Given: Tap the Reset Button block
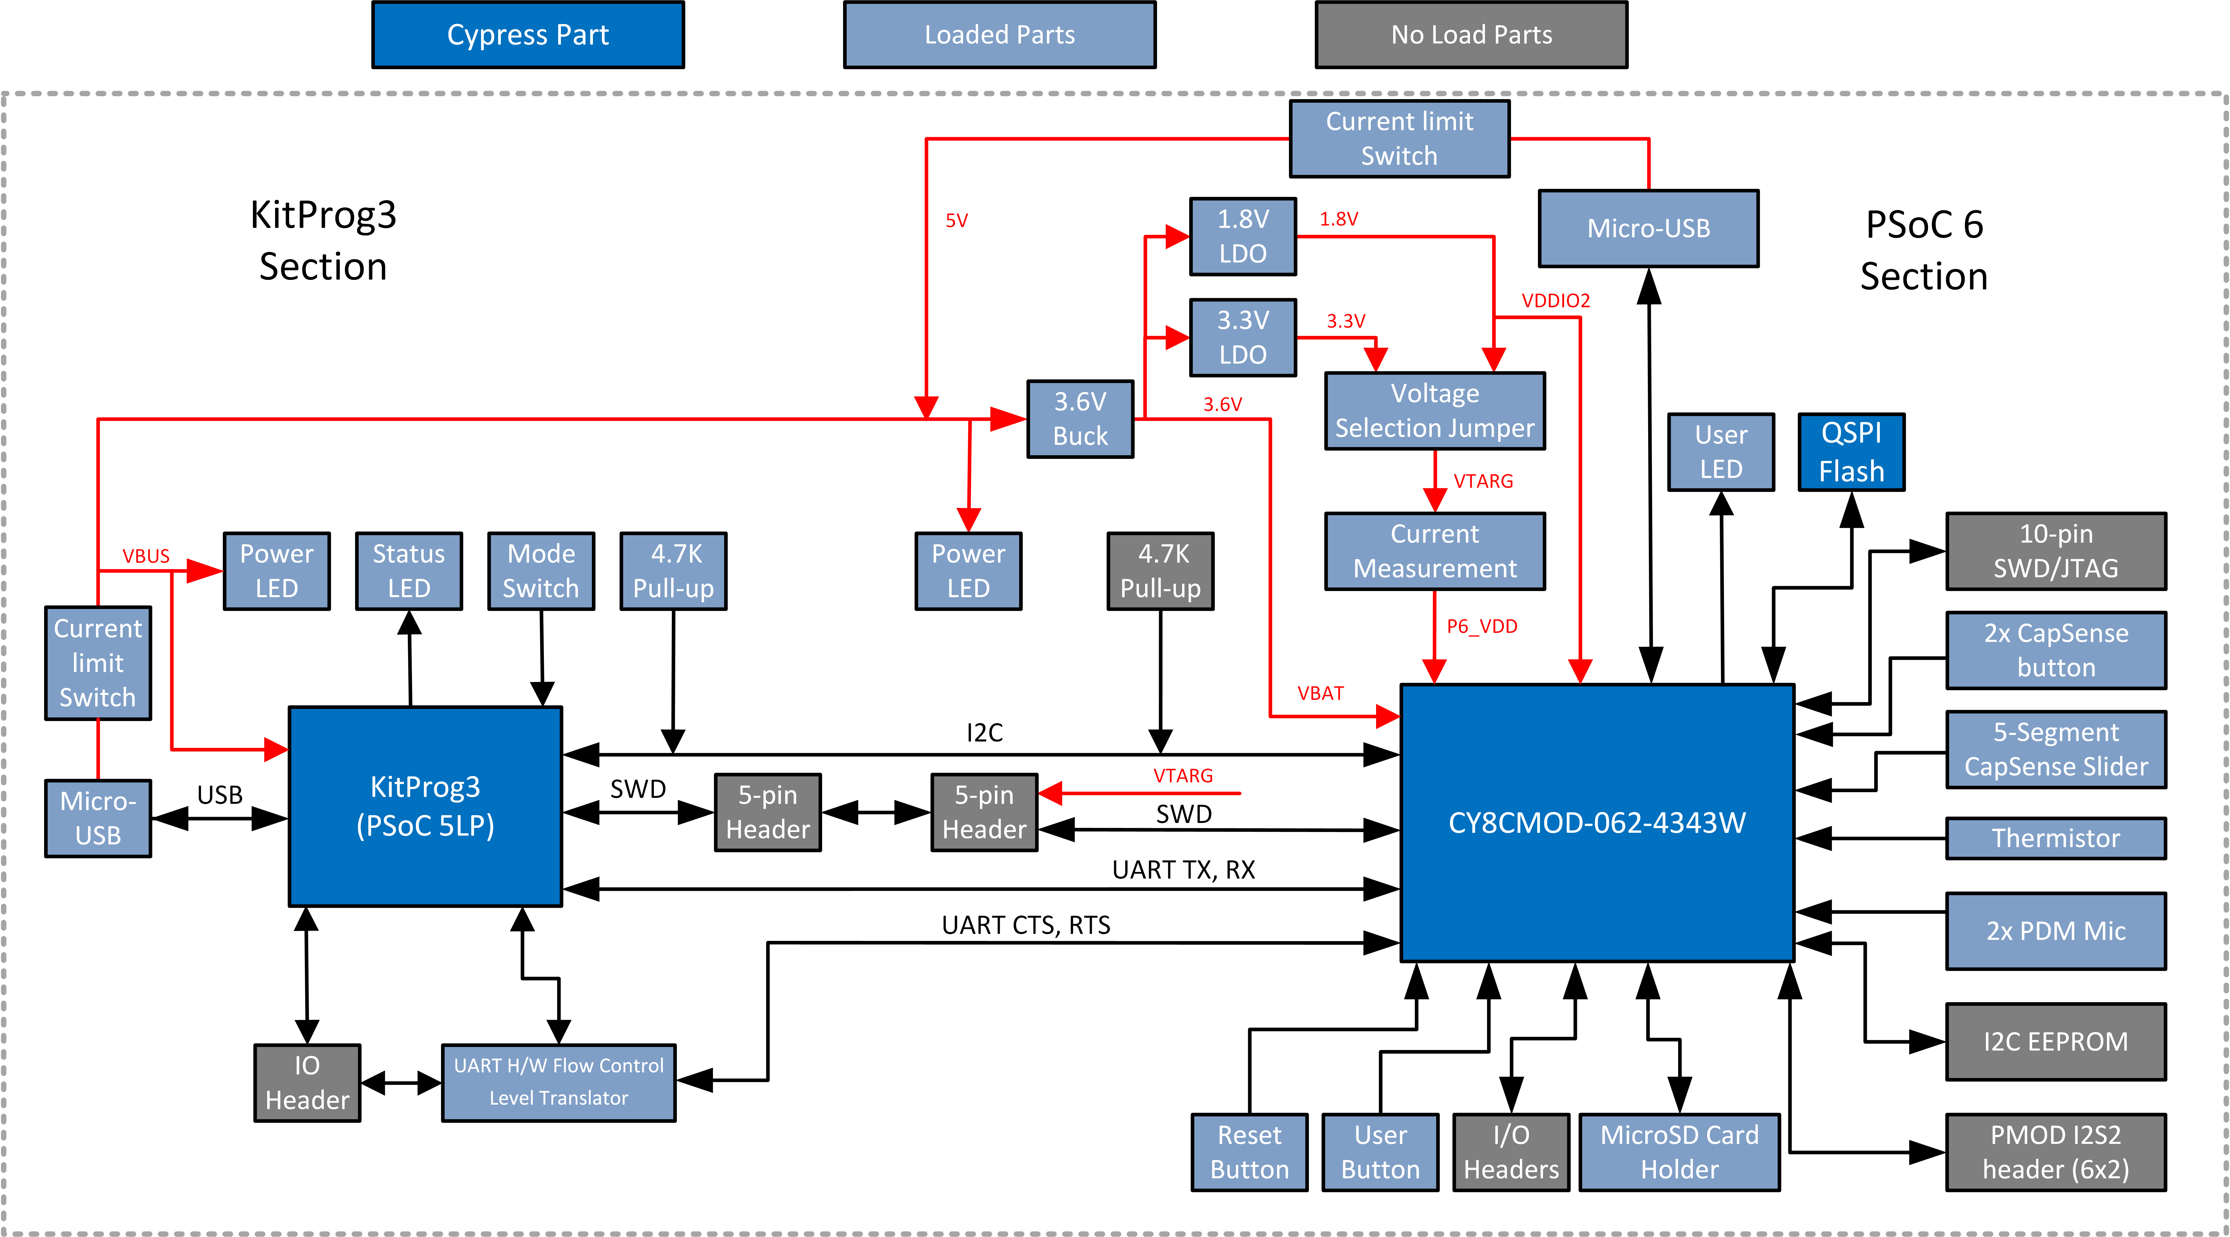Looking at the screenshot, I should coord(1249,1152).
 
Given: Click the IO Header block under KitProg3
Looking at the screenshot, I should coord(307,1083).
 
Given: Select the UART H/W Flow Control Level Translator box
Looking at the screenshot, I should coord(558,1082).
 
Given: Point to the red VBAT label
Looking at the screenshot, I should coord(1320,693).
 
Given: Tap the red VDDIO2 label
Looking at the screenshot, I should coord(1556,300).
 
